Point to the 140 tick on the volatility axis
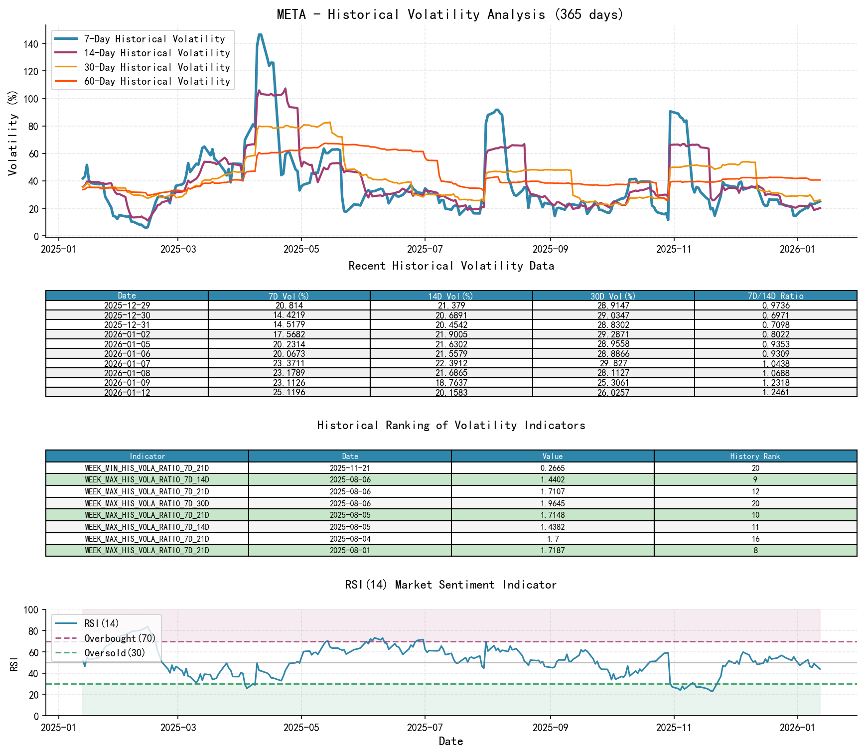pos(30,44)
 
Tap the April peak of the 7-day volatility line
pos(260,34)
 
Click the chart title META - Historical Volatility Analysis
pos(450,14)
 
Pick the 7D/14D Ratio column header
pos(775,296)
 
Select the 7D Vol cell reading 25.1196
pos(289,392)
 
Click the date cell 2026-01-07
pos(127,363)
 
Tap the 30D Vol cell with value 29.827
pos(613,363)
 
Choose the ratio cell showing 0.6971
pos(775,315)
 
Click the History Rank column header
pos(755,456)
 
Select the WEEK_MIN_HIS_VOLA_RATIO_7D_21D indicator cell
pos(147,468)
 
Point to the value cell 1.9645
pos(552,503)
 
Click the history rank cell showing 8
pos(755,550)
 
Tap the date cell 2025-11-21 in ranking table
pos(350,468)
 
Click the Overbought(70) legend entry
pos(120,638)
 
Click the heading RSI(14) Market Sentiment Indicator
pos(450,585)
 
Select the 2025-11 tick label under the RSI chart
pos(674,728)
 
